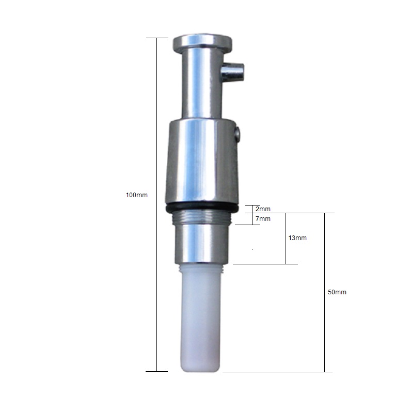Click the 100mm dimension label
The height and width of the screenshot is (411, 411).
click(136, 195)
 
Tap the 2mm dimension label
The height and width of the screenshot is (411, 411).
click(263, 209)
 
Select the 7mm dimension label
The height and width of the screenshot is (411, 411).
click(263, 218)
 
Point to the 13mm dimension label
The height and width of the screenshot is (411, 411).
click(297, 238)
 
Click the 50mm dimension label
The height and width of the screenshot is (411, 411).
click(337, 292)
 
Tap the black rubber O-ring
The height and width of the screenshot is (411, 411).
click(202, 208)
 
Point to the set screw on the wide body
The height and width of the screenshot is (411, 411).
click(238, 133)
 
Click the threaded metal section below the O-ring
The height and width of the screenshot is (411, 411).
click(202, 217)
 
